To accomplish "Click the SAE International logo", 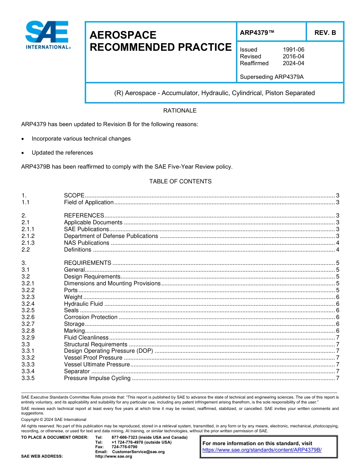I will pyautogui.click(x=47, y=35).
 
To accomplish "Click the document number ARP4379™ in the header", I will pyautogui.click(x=257, y=33).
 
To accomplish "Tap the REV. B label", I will pyautogui.click(x=325, y=33).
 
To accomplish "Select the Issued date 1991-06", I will pyautogui.click(x=293, y=50).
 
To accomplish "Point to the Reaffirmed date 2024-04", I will pyautogui.click(x=293, y=63).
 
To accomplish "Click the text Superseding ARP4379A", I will pyautogui.click(x=272, y=77).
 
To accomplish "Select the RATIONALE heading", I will pyautogui.click(x=180, y=111).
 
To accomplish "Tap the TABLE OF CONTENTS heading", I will pyautogui.click(x=180, y=181).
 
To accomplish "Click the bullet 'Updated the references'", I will pyautogui.click(x=63, y=153).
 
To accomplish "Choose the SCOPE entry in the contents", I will pyautogui.click(x=74, y=195).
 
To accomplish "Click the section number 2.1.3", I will pyautogui.click(x=28, y=243).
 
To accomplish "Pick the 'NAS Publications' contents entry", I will pyautogui.click(x=86, y=243).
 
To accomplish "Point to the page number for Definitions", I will pyautogui.click(x=337, y=250).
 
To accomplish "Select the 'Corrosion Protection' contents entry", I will pyautogui.click(x=91, y=317).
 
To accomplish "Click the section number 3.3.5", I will pyautogui.click(x=28, y=378).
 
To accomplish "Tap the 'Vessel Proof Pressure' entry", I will pyautogui.click(x=93, y=358).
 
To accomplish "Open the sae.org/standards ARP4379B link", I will pyautogui.click(x=262, y=450).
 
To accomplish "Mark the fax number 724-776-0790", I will pyautogui.click(x=124, y=447).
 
